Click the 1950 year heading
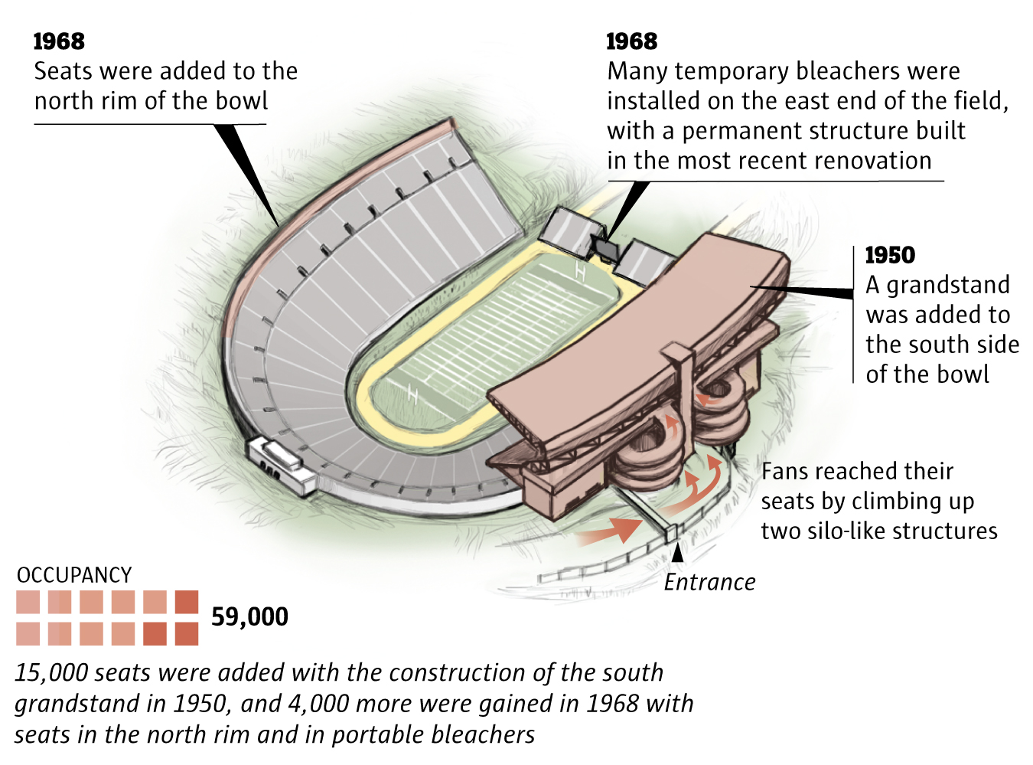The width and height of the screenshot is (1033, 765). point(890,255)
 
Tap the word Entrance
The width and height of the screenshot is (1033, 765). point(709,583)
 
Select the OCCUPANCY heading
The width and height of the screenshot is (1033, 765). point(74,575)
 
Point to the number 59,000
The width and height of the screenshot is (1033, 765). point(249,616)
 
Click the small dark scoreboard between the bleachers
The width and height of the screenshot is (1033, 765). point(605,249)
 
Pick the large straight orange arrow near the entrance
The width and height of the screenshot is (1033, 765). point(612,529)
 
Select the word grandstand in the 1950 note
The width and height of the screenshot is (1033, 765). point(948,285)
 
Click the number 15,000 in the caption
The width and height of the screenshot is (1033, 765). point(52,673)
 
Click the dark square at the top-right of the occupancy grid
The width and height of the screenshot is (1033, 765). point(187,602)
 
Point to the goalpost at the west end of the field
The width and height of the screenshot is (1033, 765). point(413,394)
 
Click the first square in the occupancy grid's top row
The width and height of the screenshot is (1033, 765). point(28,602)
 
